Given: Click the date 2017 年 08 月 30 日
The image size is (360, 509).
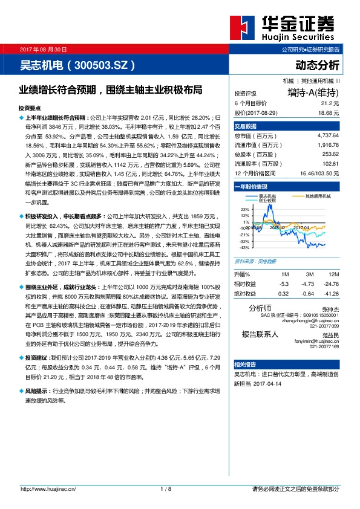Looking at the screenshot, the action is pos(44,48).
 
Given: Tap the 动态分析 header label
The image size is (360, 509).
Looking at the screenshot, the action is pos(317,64).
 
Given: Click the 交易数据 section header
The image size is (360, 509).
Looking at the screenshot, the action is pos(246,126).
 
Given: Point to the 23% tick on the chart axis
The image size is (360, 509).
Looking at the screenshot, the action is pos(245,209).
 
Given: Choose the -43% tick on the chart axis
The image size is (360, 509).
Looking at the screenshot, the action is pos(244,247).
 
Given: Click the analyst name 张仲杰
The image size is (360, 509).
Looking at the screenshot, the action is pos(330,308).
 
